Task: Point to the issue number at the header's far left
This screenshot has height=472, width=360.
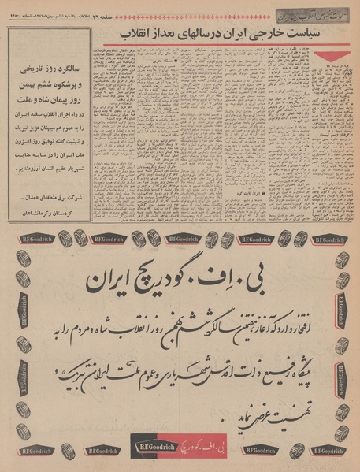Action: click(x=24, y=10)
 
